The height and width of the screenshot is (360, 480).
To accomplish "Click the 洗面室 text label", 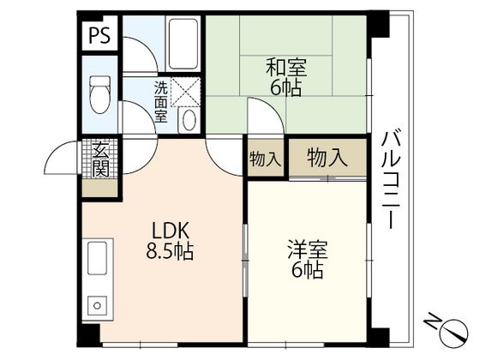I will (x=161, y=101).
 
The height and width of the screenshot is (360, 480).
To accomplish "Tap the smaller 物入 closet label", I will (x=264, y=159).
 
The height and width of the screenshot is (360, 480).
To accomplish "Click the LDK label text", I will (x=171, y=231).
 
